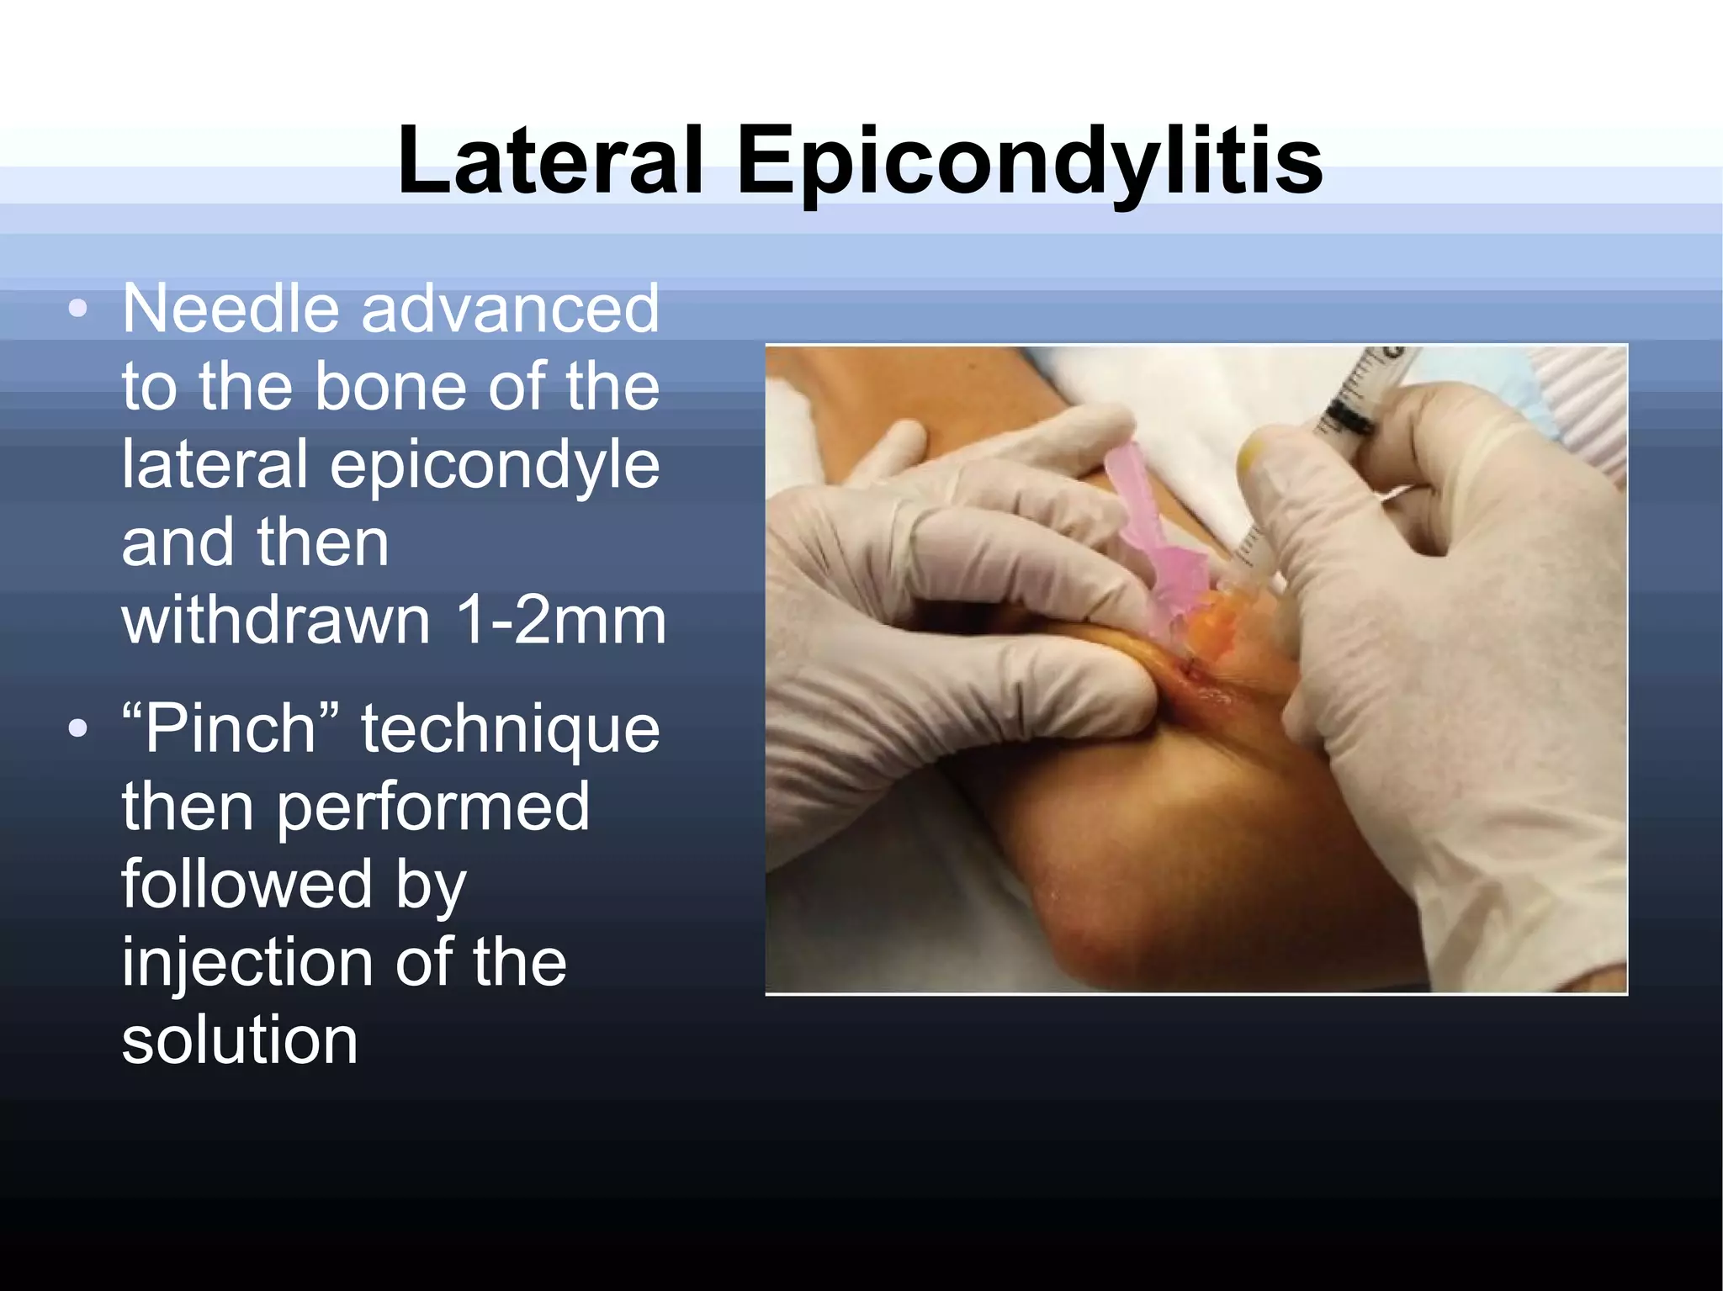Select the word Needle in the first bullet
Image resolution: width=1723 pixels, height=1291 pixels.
click(229, 309)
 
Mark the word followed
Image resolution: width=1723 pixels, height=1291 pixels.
click(247, 884)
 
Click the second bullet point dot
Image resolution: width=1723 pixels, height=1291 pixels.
click(77, 729)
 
